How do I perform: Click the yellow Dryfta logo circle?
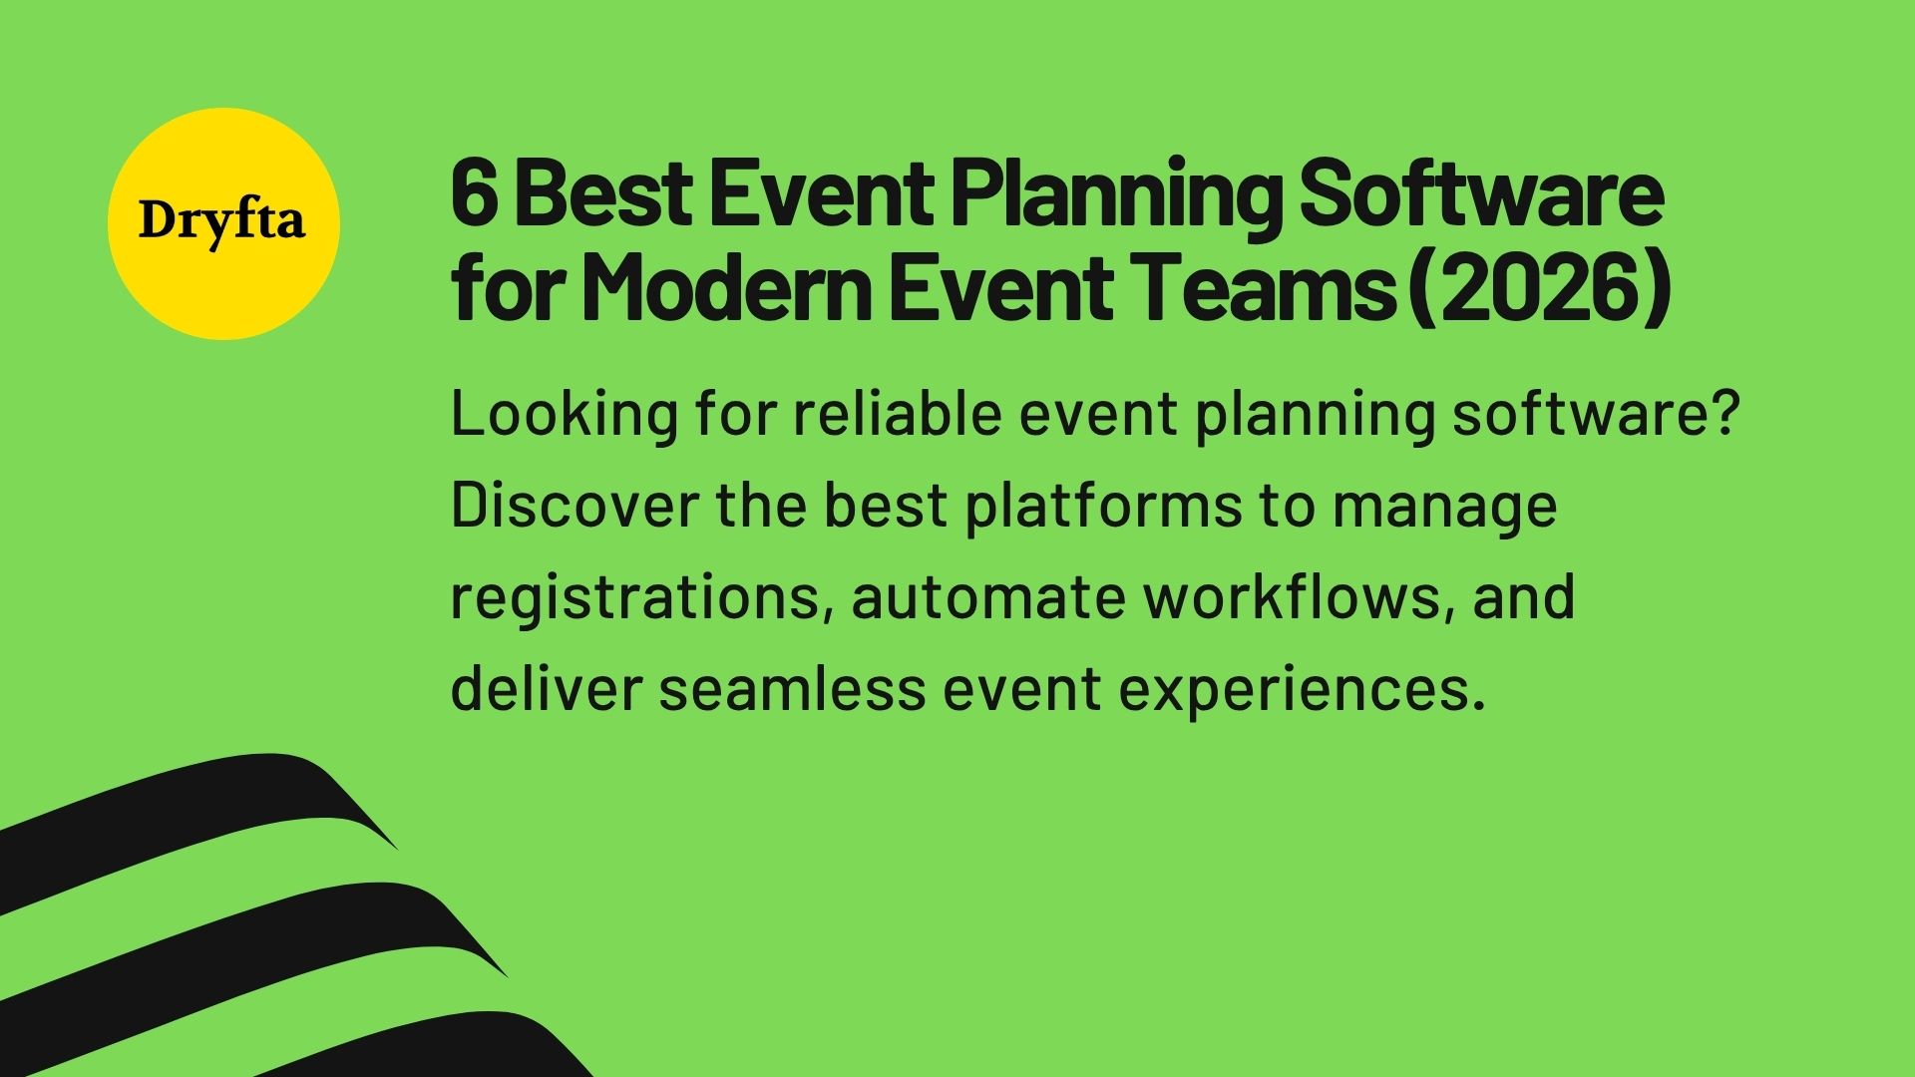click(x=223, y=223)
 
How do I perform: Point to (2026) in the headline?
click(x=1541, y=289)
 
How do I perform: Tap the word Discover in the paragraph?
click(x=574, y=506)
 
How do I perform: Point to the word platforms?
click(x=1103, y=506)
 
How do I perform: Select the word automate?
click(x=987, y=597)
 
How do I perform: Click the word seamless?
click(x=791, y=689)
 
